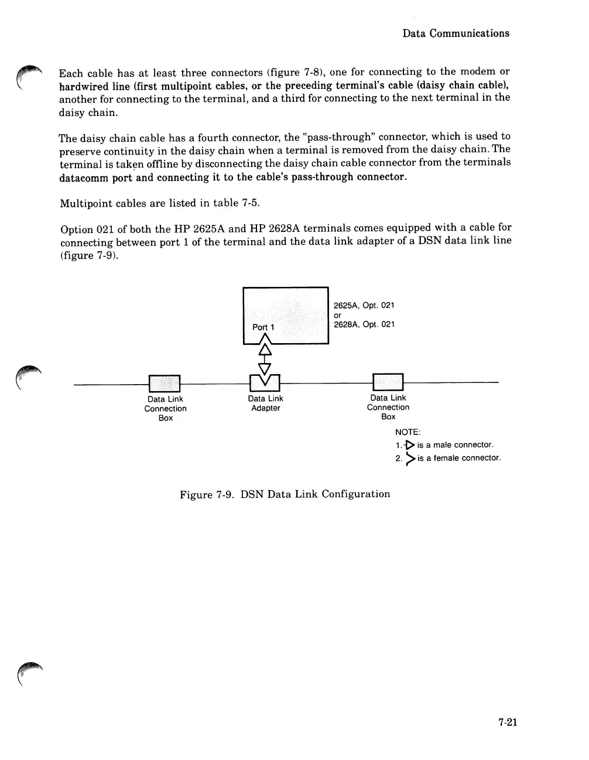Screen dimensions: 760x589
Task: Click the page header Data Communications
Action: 456,33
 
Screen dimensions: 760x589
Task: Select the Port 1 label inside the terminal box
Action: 259,327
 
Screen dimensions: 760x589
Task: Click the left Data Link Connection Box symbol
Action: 165,383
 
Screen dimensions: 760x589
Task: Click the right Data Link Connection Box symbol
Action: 388,382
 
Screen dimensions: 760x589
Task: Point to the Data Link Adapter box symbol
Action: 265,383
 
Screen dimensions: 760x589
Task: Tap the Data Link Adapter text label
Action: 265,403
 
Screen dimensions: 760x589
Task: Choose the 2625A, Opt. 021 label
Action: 364,306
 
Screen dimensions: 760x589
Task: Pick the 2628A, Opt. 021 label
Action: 364,324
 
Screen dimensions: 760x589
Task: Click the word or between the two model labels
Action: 337,315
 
